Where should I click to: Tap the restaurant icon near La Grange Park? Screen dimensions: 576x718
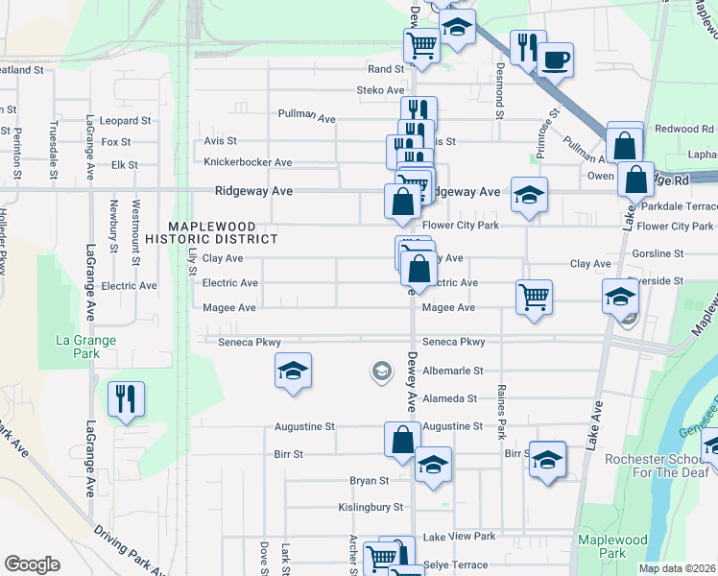tap(126, 397)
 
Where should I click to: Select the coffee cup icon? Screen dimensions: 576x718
tap(555, 60)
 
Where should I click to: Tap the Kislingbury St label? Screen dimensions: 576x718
tap(370, 507)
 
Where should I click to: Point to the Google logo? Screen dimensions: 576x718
tap(32, 564)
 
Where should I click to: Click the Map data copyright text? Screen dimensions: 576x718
tap(677, 568)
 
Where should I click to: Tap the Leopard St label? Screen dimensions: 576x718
tap(126, 121)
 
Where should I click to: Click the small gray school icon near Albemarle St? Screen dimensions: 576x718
tap(381, 371)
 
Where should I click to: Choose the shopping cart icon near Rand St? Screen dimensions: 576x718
tap(422, 43)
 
